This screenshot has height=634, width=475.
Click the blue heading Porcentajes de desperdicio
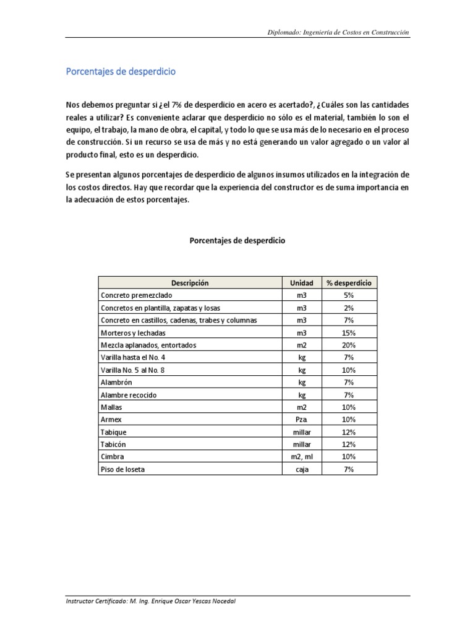click(121, 72)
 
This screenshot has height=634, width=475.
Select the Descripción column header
click(190, 283)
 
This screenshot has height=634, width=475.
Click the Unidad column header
click(302, 283)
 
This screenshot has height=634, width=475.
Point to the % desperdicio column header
click(349, 283)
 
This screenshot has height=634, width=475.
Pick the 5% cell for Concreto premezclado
click(349, 295)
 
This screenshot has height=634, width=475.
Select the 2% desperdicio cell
click(349, 308)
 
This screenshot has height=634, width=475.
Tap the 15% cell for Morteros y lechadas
click(349, 332)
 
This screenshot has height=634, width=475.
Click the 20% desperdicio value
click(349, 345)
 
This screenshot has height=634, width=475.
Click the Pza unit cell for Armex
click(302, 420)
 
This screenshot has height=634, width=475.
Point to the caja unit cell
click(302, 470)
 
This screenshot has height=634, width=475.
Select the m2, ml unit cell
click(302, 458)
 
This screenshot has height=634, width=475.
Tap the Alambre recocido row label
click(128, 395)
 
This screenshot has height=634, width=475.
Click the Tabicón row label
click(114, 445)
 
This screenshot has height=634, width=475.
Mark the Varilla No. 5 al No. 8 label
click(133, 370)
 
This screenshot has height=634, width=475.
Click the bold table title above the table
click(237, 241)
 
